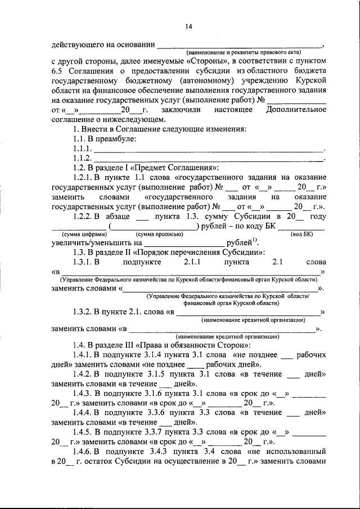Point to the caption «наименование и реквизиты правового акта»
(x=240, y=52)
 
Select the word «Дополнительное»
(x=296, y=110)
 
